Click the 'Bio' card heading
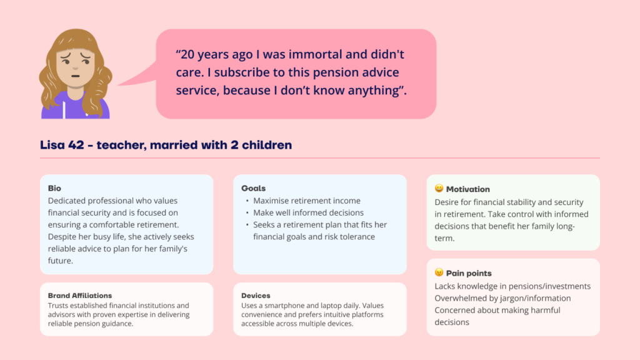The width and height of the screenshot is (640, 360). click(54, 188)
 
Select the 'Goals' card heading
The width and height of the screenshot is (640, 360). click(253, 188)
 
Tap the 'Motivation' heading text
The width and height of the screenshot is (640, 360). click(467, 189)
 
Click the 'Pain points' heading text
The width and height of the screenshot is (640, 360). click(469, 273)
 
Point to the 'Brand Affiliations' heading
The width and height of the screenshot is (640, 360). click(79, 296)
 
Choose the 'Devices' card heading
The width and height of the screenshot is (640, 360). click(256, 296)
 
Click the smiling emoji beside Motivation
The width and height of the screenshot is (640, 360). click(439, 188)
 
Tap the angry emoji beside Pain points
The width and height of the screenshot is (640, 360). click(439, 272)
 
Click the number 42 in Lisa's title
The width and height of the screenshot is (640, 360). click(76, 145)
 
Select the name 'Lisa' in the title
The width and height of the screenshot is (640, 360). click(52, 145)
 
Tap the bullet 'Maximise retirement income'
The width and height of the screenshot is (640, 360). click(306, 201)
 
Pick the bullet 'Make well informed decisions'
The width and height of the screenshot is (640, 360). click(308, 212)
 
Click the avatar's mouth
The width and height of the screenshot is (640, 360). click(76, 76)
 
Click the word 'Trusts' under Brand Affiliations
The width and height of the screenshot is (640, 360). click(57, 305)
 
